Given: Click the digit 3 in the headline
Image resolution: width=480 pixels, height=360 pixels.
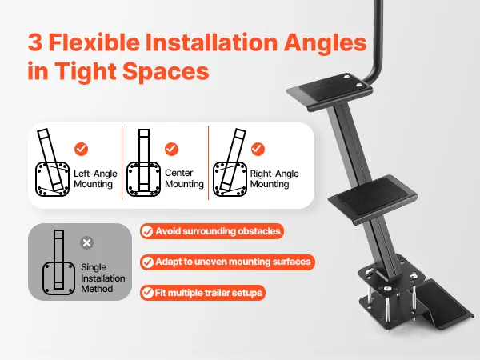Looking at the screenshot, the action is (x=35, y=42).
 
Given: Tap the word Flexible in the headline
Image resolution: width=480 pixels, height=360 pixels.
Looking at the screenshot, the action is (x=94, y=42).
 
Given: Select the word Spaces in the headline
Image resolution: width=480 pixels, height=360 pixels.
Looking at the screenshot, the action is (x=166, y=72).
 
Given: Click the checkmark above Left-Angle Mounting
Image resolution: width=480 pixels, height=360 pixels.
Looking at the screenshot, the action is (x=81, y=149).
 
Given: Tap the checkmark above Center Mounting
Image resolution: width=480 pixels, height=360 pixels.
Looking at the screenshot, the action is (x=171, y=149).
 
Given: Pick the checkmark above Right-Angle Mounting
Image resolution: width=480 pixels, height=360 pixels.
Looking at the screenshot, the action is (x=258, y=149).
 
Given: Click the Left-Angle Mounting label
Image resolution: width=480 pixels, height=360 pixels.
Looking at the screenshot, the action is (x=95, y=178).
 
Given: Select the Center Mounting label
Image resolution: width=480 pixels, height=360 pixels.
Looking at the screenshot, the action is (x=184, y=178).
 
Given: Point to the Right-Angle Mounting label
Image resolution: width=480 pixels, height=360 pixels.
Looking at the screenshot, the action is (x=274, y=178).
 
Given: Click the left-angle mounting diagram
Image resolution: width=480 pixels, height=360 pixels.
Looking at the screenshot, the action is (x=52, y=162).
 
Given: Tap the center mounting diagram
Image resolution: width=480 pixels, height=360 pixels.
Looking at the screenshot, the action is (x=143, y=163).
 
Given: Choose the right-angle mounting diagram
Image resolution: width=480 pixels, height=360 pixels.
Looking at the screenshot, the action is (x=230, y=162).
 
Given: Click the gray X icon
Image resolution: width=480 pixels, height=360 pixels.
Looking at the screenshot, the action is (x=87, y=242).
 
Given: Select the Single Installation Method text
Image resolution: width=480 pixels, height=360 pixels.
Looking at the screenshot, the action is (x=103, y=278).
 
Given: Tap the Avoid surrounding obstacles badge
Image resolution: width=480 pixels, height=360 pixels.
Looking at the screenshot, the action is (x=212, y=231).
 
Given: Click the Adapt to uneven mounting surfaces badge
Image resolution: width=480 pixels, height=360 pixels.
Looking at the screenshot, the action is (x=227, y=262).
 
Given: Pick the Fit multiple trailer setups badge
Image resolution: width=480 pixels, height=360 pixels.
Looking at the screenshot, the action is (x=202, y=293).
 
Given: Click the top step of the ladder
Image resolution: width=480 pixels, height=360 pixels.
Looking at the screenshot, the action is (x=330, y=91).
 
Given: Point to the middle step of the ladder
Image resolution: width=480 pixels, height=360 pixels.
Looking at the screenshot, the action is (x=373, y=196).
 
